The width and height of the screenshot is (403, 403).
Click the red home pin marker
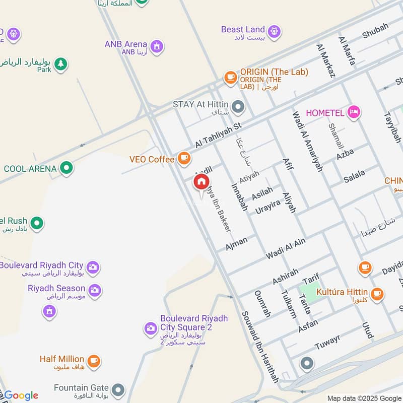(x=201, y=182)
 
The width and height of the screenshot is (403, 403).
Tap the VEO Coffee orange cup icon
(x=184, y=159)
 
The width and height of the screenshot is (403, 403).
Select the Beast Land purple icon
(x=274, y=31)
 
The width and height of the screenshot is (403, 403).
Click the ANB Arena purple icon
(x=157, y=46)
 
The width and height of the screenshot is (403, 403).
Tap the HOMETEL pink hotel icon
(x=354, y=112)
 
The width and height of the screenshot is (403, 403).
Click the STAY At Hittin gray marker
(x=238, y=106)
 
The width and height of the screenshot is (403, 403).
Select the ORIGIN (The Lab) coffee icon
(x=231, y=77)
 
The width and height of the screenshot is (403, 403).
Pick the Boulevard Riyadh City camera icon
(x=93, y=267)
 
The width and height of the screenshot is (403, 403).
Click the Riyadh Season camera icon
(x=95, y=290)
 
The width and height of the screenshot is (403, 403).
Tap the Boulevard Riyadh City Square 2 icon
(x=150, y=328)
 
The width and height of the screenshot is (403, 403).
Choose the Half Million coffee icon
(x=93, y=361)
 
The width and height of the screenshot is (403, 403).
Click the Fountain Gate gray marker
(x=118, y=389)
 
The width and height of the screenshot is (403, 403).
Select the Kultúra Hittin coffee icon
(x=376, y=293)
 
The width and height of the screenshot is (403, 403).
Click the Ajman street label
(x=237, y=243)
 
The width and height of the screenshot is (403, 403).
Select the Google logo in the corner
(x=21, y=395)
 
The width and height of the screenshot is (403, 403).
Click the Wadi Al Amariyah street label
(x=307, y=142)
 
